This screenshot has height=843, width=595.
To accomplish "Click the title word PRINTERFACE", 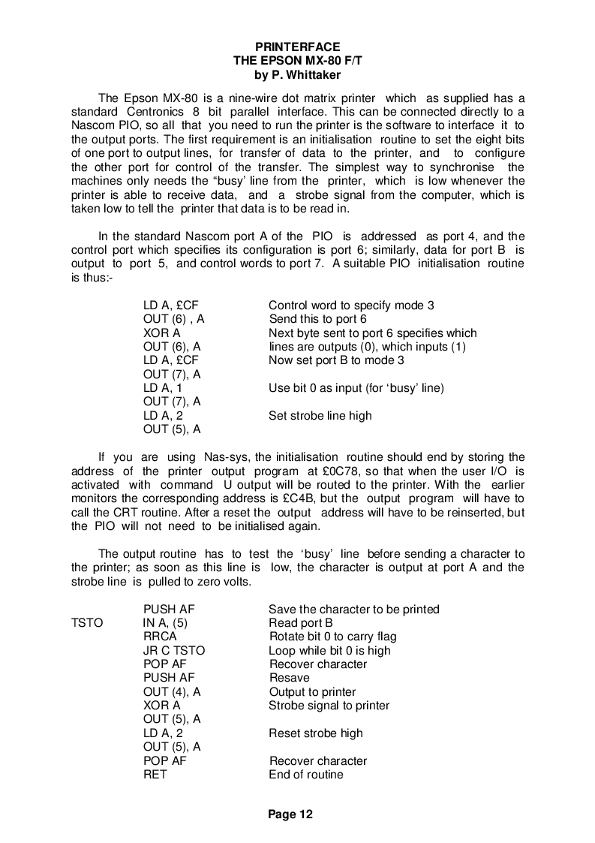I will click(297, 47).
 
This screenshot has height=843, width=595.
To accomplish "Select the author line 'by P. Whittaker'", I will click(297, 74).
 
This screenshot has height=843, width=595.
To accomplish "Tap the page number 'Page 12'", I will click(290, 814).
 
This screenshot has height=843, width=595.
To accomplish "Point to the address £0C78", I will click(353, 471).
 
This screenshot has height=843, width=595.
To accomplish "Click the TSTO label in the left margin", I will click(86, 623).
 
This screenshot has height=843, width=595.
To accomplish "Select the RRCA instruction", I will click(160, 637).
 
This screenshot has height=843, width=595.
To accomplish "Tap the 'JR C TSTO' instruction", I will click(173, 651).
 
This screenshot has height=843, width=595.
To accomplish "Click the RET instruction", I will click(155, 775).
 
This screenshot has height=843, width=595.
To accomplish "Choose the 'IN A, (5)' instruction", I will click(165, 623).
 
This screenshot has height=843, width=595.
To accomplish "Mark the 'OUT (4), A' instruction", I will click(172, 692).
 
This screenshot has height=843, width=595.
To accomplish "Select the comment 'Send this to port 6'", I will click(317, 319).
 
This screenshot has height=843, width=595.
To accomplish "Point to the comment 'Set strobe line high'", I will click(320, 416).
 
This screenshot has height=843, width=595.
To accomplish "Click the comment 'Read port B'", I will click(300, 623).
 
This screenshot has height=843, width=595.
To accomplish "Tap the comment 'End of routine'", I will click(305, 775).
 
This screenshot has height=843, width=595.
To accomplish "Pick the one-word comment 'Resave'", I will click(289, 678).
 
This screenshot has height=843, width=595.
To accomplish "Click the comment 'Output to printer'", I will click(312, 692).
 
